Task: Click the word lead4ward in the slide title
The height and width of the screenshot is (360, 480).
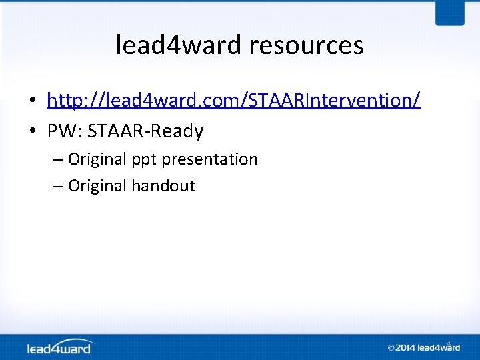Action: (178, 45)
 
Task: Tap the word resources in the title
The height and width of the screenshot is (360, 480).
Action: (306, 45)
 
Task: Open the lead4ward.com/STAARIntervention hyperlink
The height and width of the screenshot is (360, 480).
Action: (233, 100)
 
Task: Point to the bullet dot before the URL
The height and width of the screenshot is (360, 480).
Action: (32, 101)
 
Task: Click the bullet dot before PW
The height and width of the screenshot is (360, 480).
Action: (32, 132)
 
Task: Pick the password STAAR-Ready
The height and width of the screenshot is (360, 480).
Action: (145, 131)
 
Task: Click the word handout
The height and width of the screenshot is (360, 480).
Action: (163, 185)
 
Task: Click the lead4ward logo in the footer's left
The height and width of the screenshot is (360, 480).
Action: (60, 347)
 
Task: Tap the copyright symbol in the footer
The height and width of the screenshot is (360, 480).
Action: (392, 347)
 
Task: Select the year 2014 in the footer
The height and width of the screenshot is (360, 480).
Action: (407, 347)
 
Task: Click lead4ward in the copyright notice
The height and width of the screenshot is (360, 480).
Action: (440, 347)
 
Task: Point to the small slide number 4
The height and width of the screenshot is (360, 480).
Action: (449, 343)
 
